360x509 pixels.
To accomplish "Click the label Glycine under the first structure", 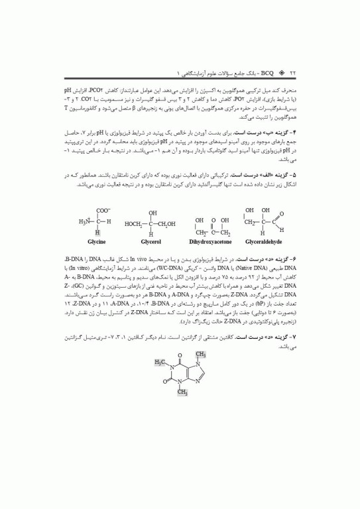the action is tap(88, 243).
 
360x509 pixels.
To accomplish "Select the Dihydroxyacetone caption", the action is tap(215, 243).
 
